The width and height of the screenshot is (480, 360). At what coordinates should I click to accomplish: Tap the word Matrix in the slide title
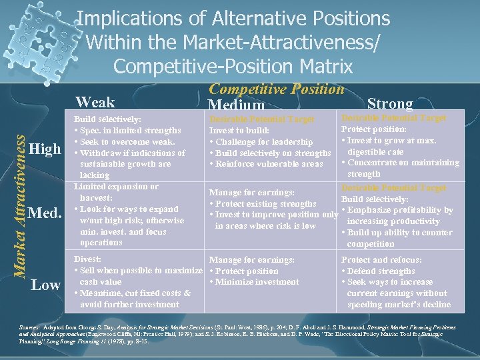coord(321,67)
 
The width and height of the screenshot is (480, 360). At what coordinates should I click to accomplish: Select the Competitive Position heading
coord(277,89)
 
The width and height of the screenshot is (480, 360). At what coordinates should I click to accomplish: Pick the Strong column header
coord(391,103)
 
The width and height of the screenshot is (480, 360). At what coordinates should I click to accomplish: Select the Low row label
coord(47,285)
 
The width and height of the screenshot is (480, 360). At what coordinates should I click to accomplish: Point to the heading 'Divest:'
coord(88,259)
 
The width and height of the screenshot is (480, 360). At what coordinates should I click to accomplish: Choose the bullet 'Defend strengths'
coord(381,271)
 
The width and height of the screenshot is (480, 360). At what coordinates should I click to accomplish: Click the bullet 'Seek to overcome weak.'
coord(127,141)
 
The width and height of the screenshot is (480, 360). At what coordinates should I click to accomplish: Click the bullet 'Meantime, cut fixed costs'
coord(135,293)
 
